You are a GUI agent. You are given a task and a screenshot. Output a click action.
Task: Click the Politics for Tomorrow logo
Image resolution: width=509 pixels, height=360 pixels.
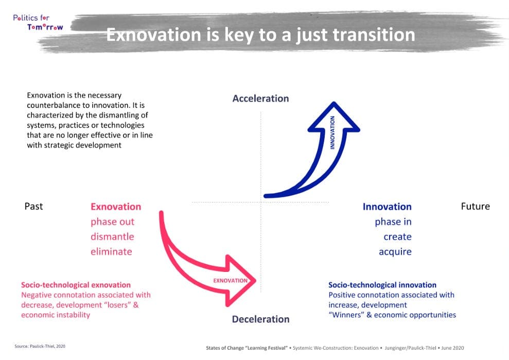(x=38, y=22)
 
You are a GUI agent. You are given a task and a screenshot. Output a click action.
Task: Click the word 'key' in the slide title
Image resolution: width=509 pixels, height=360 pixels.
(x=253, y=35)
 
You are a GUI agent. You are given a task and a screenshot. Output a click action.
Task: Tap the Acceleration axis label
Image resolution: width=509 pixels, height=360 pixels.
(x=260, y=98)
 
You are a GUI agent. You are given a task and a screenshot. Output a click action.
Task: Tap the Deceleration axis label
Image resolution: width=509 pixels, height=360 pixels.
(x=260, y=319)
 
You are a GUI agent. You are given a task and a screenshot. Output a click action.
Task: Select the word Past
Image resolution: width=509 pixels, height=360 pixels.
(x=34, y=207)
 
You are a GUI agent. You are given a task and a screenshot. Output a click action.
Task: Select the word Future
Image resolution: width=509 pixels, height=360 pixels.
(x=475, y=207)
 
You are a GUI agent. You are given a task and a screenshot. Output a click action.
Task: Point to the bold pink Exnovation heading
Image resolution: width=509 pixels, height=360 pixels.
(x=116, y=207)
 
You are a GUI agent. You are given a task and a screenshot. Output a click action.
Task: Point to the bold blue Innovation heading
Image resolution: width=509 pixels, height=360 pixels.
(x=387, y=207)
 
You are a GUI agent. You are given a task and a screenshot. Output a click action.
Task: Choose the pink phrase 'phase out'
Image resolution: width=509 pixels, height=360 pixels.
(x=112, y=222)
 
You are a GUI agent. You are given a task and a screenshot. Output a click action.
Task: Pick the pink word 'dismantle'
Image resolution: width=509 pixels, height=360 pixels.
(x=112, y=237)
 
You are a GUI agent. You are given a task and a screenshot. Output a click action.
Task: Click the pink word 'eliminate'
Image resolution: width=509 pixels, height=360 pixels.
(x=111, y=252)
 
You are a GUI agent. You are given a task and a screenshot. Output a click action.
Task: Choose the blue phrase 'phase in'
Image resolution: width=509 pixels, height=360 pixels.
(x=393, y=222)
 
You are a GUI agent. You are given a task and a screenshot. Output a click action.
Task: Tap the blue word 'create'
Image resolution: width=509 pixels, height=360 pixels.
(x=397, y=237)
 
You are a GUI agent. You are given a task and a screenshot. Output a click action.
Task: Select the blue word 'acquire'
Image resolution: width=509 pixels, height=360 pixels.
(x=395, y=252)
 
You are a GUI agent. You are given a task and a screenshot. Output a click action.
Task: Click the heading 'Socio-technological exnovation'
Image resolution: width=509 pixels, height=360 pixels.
(x=76, y=285)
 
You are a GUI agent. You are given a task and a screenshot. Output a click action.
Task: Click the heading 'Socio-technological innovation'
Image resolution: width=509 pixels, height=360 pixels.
(x=382, y=285)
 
